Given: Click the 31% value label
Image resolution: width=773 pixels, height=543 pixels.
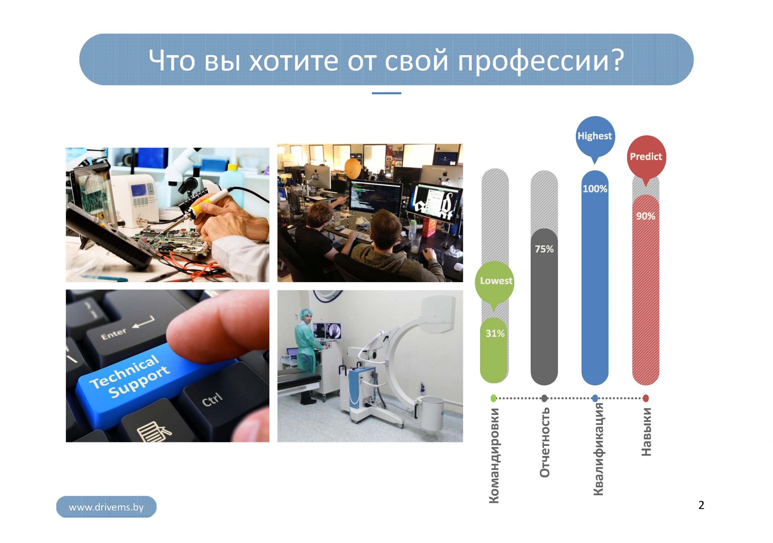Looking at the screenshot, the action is pyautogui.click(x=495, y=334).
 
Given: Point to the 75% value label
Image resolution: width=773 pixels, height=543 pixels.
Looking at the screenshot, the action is pyautogui.click(x=544, y=249).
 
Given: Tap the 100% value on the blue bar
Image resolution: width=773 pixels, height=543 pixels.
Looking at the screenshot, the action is pyautogui.click(x=595, y=189).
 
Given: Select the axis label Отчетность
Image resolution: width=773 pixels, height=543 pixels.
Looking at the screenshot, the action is pyautogui.click(x=544, y=442).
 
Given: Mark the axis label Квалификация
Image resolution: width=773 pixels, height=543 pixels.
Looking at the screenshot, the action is pyautogui.click(x=598, y=449).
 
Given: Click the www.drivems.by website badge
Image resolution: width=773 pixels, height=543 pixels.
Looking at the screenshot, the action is pyautogui.click(x=106, y=507).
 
